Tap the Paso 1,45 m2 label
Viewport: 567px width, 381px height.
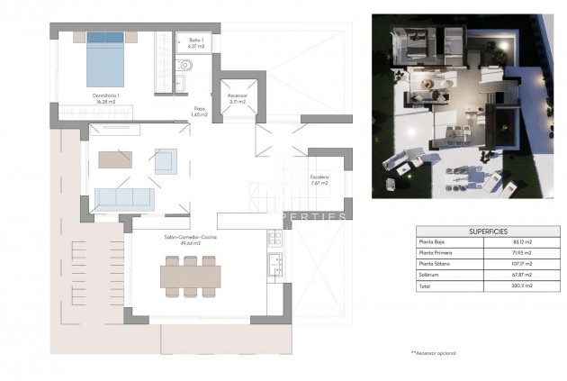[198, 113]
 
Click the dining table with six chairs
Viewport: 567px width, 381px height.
[190, 275]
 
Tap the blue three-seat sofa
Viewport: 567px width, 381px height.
[123, 200]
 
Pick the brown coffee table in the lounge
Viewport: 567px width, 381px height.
[114, 159]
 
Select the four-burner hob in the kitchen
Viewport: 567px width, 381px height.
[274, 239]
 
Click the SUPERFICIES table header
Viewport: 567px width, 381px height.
[488, 231]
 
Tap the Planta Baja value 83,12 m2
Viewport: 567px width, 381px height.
[520, 242]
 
